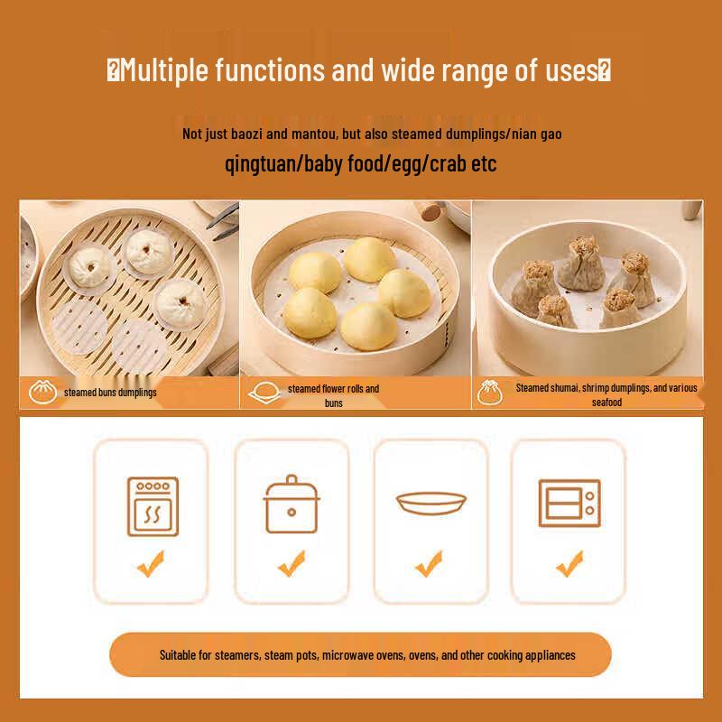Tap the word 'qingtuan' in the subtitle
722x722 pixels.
pos(261,164)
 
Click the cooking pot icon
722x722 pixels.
pos(291,505)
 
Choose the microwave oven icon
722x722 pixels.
pos(569,504)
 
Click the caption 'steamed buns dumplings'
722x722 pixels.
pos(110,393)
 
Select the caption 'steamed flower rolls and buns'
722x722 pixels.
pos(333,395)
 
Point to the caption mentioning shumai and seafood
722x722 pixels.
pos(606,394)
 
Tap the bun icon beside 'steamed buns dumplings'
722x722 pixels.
pos(40,392)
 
